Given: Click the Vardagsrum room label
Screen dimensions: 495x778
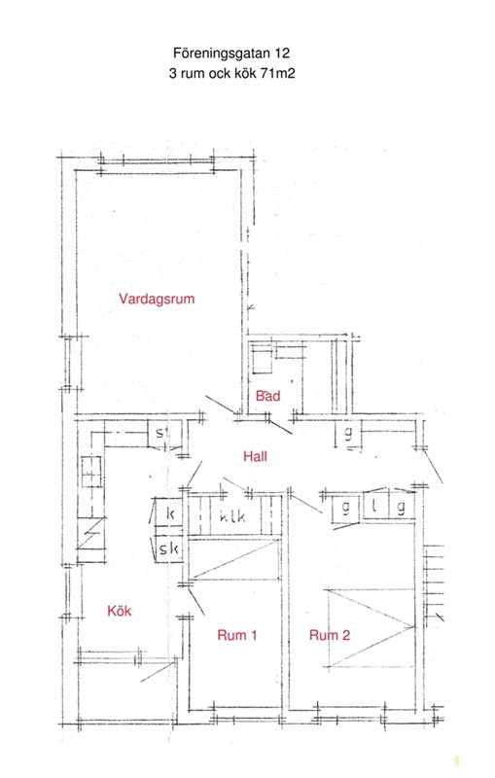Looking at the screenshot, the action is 157,299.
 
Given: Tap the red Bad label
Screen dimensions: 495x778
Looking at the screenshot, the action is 267,396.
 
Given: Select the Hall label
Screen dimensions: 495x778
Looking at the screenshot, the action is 255,456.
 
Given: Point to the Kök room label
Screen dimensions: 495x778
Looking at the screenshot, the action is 119,611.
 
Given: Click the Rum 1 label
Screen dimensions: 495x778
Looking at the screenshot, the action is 237,635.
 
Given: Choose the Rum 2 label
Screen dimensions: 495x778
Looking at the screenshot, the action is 330,635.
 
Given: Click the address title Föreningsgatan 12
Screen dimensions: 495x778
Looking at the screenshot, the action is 231,53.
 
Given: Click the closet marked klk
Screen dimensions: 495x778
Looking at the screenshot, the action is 233,516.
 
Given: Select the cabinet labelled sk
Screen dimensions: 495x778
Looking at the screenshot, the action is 168,548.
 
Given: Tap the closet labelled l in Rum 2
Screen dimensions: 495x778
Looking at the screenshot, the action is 376,506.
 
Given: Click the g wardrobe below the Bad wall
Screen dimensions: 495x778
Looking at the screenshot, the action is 348,433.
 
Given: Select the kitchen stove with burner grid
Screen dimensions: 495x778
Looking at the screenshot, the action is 92,472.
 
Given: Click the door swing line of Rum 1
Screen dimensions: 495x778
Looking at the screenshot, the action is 196,601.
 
